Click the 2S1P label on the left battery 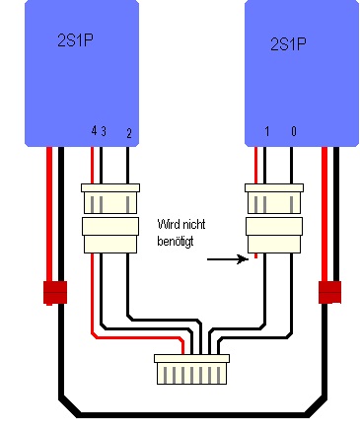point(75,40)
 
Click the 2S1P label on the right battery point(288,44)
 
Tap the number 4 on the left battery point(94,131)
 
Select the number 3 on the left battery point(104,131)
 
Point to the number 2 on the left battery point(129,133)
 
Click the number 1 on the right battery point(267,131)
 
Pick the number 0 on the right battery point(294,131)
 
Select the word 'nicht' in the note point(194,224)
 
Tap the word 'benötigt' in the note point(176,241)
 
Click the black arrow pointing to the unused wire point(228,259)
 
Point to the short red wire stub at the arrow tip point(255,255)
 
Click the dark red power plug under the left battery point(55,293)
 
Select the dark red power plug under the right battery point(329,292)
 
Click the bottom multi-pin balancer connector point(192,369)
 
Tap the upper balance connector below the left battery point(110,198)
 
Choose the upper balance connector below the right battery point(274,198)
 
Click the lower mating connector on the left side point(110,235)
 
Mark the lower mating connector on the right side point(274,235)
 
